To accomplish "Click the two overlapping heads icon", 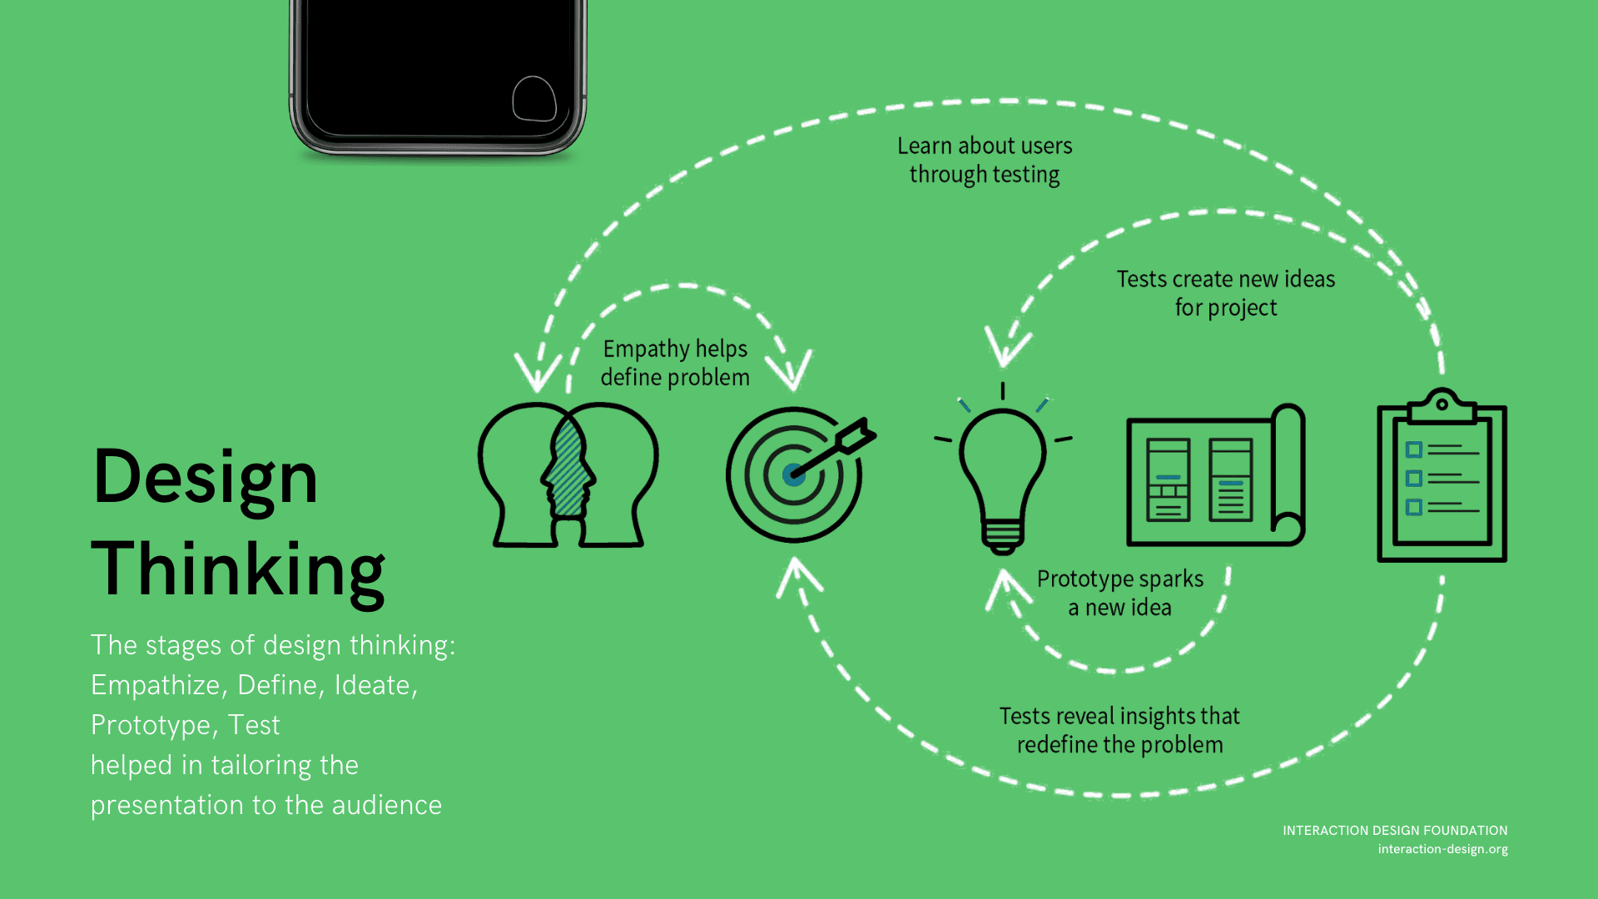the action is point(568,474).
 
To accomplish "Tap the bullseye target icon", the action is point(795,474).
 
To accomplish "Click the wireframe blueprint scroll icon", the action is point(1215,476).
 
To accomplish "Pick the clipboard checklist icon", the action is point(1442,476).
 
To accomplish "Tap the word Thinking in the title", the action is point(238,570).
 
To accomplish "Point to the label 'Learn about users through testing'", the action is point(985,160).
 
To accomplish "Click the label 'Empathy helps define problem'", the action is point(675,363).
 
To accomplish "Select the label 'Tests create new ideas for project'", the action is point(1225,293).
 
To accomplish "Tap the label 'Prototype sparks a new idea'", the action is point(1119,593).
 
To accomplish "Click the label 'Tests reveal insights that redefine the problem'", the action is point(1119,730).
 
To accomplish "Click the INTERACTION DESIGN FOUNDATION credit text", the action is point(1395,831).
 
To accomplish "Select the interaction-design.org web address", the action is point(1442,849).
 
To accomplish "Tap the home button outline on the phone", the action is point(533,99).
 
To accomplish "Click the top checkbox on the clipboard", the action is point(1413,450).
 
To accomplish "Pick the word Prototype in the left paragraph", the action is point(151,725).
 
